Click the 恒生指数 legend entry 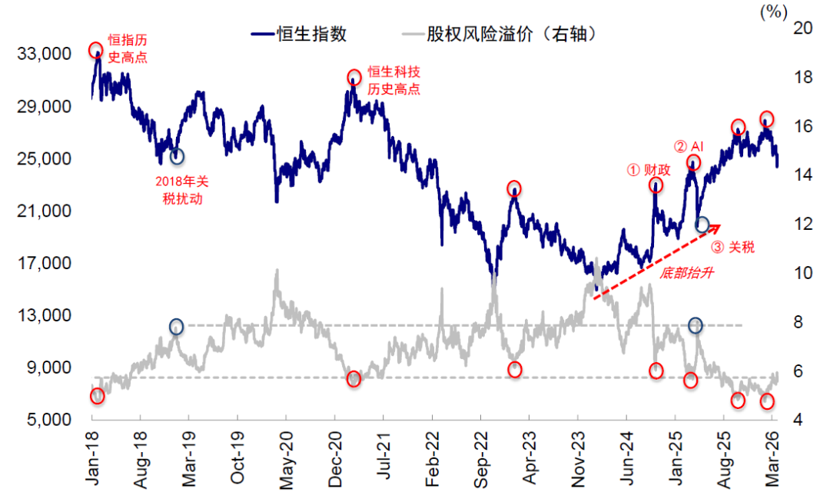point(299,34)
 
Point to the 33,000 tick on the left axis point(49,54)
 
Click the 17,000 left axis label point(49,263)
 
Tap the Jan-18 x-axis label point(92,458)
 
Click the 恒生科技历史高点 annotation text point(393,80)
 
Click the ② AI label point(689,146)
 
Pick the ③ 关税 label point(732,247)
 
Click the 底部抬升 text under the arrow point(682,271)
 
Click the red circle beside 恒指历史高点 point(96,51)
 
